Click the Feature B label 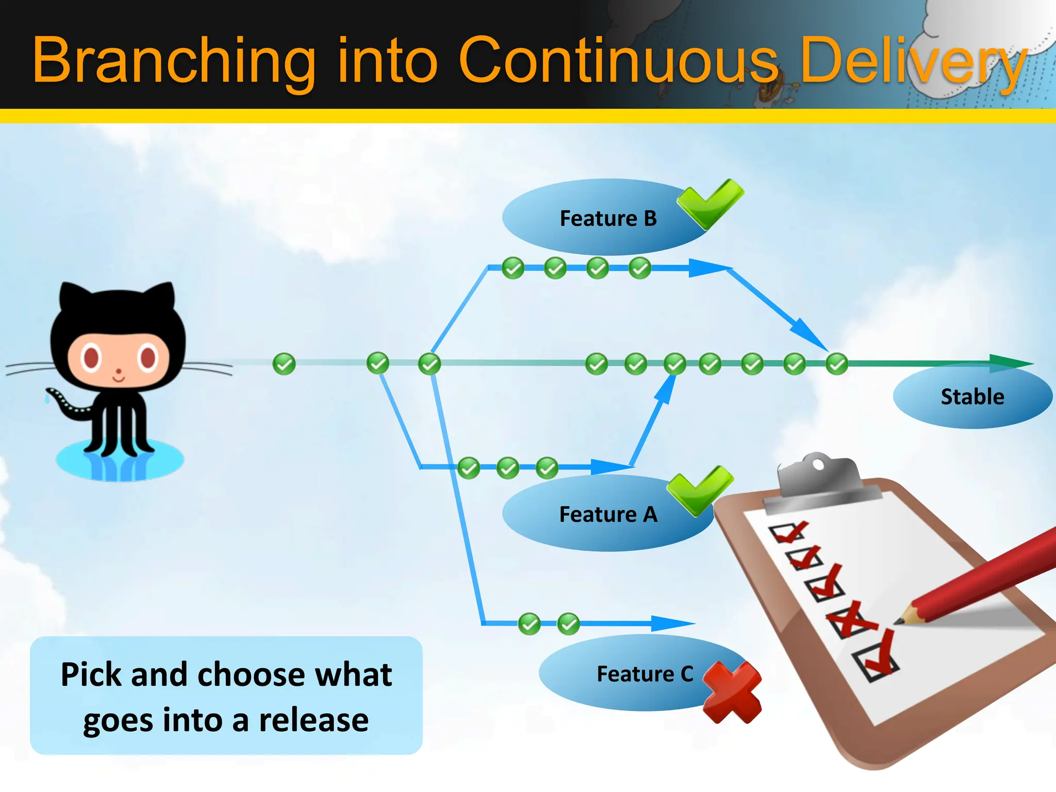pyautogui.click(x=608, y=219)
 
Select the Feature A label pyautogui.click(x=608, y=514)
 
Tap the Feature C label pyautogui.click(x=645, y=674)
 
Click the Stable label pyautogui.click(x=972, y=397)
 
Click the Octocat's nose pyautogui.click(x=119, y=371)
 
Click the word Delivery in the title pyautogui.click(x=913, y=60)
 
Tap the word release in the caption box pyautogui.click(x=313, y=720)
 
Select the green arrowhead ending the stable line pyautogui.click(x=1011, y=364)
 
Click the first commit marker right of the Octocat pyautogui.click(x=284, y=364)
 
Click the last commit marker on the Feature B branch pyautogui.click(x=640, y=268)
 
